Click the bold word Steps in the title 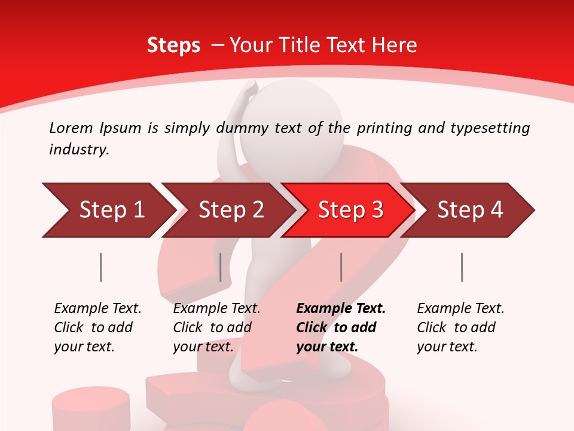click(173, 45)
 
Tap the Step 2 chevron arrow click(230, 210)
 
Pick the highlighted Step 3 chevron click(350, 210)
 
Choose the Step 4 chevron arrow click(469, 210)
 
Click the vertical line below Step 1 click(100, 267)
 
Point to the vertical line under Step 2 click(221, 267)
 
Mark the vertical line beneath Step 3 click(341, 267)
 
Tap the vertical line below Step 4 click(462, 267)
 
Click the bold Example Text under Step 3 click(341, 309)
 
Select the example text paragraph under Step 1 click(97, 327)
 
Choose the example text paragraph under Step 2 click(216, 327)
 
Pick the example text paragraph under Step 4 click(460, 327)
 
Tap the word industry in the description click(78, 150)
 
